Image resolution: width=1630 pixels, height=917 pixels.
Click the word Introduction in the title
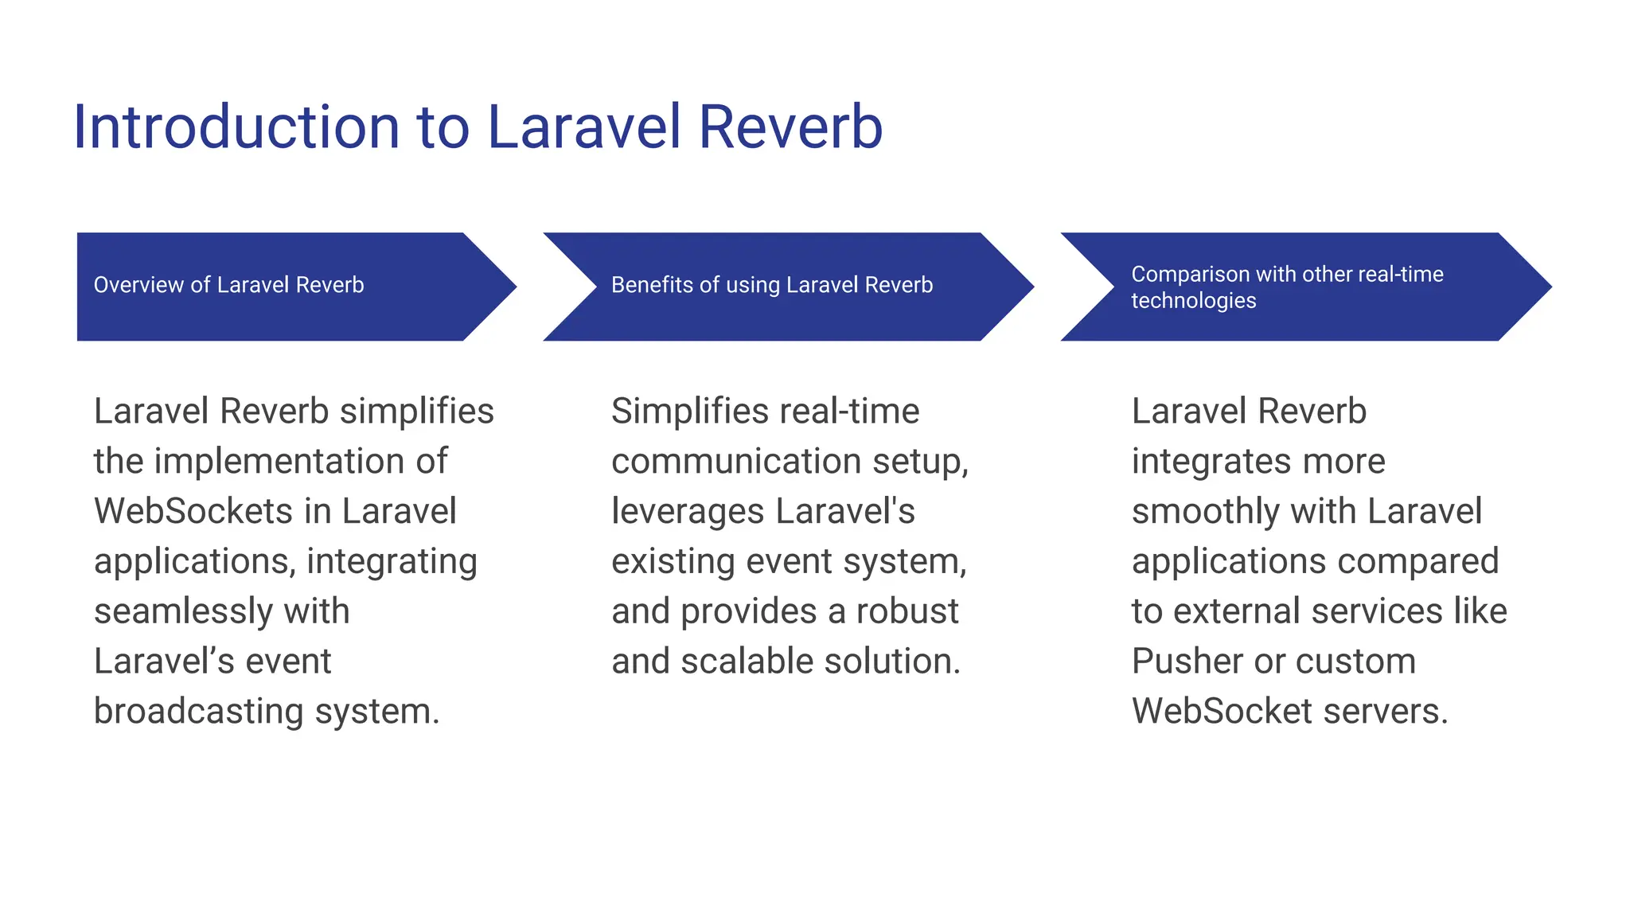click(x=236, y=127)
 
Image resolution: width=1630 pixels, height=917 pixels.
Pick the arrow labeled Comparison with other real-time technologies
click(x=1305, y=287)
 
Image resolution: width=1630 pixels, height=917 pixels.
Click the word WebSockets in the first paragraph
click(x=193, y=511)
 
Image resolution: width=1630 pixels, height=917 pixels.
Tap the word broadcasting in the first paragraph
click(x=198, y=712)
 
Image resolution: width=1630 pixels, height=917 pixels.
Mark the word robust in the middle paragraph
click(x=907, y=611)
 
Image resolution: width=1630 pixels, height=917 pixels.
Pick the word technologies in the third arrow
click(x=1193, y=301)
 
